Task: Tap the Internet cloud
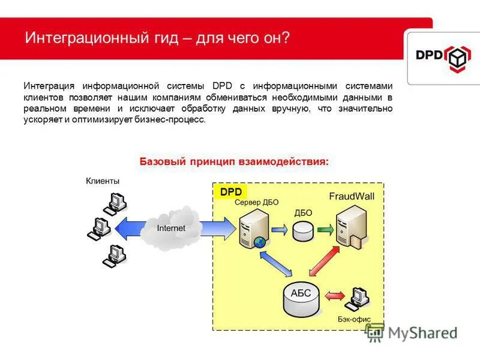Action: pos(171,228)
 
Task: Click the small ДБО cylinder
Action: pos(303,231)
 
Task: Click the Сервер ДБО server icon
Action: pos(253,230)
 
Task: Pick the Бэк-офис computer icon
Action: pos(359,298)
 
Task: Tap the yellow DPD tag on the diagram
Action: pos(230,192)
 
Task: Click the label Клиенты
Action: pos(103,181)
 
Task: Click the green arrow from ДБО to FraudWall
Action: pos(325,230)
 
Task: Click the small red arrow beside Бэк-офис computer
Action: pos(334,296)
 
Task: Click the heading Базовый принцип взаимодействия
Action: pos(234,161)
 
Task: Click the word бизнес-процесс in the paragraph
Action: pos(176,119)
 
